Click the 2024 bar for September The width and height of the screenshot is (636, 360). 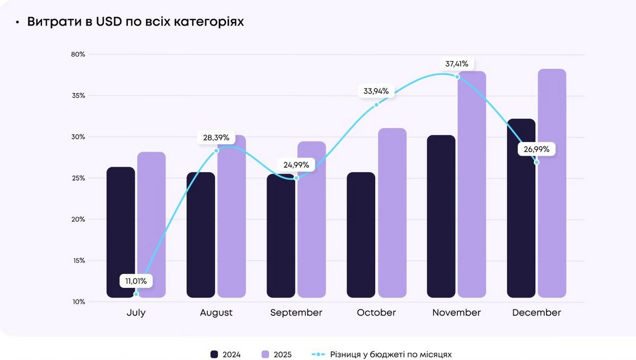281,236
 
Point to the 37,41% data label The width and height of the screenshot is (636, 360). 456,64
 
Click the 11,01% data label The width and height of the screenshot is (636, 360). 136,281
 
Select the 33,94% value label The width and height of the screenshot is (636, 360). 376,91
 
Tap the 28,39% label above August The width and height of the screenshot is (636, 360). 216,138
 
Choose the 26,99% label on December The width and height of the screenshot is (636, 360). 536,150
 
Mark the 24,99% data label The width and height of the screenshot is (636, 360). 296,165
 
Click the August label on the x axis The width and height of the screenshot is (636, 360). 216,313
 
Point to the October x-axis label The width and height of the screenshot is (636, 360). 376,313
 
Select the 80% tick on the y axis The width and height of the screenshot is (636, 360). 78,55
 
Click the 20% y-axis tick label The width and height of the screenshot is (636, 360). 78,219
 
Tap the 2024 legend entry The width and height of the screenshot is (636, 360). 226,354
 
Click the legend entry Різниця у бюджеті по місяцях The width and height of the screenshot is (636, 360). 382,354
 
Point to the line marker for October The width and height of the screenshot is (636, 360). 376,104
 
